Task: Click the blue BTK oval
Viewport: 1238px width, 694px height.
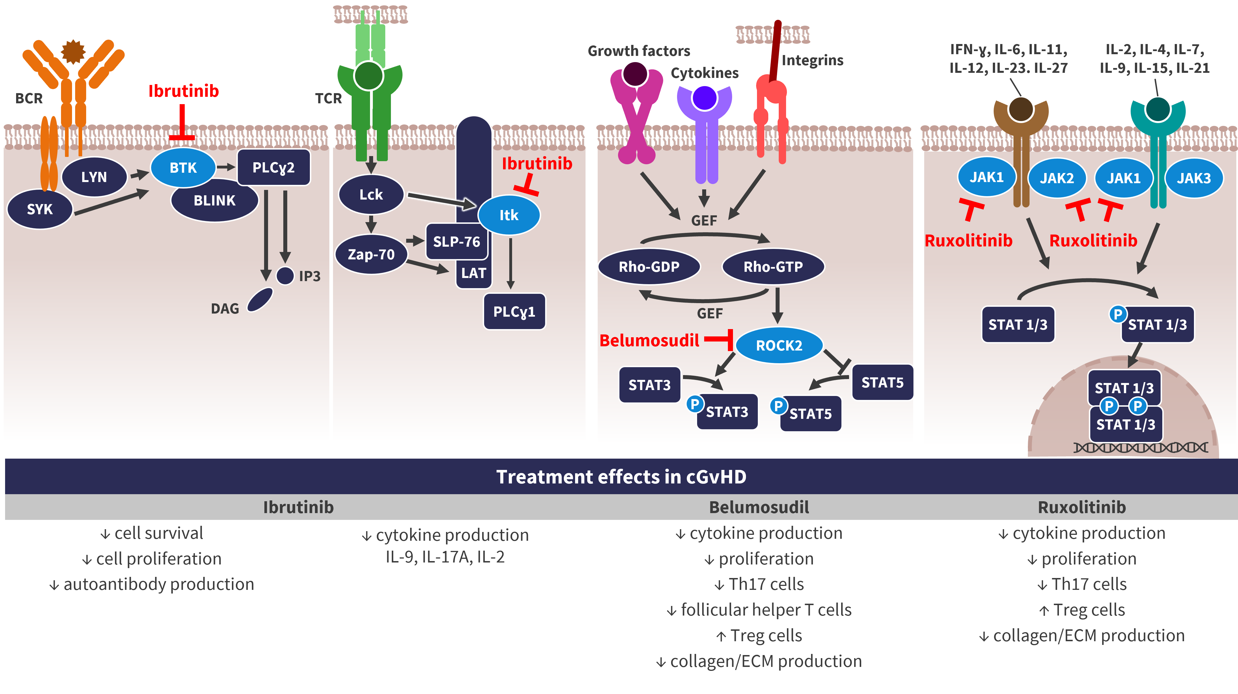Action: coord(183,168)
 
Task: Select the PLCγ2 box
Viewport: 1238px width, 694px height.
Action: coord(273,167)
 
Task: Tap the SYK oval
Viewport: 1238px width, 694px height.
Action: coord(40,209)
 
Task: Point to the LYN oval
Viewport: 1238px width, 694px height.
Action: coord(94,177)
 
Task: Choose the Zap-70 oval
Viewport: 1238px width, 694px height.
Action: coord(371,254)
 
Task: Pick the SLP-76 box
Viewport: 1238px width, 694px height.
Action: coord(456,241)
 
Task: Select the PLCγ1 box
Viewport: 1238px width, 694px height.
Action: coord(514,312)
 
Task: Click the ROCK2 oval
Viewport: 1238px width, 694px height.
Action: coord(779,345)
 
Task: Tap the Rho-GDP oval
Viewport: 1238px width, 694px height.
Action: coord(649,266)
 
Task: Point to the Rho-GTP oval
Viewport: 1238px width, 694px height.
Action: coord(773,266)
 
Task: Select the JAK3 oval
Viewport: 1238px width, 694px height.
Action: coord(1194,178)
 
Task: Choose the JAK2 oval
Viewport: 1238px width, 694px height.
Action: coord(1057,178)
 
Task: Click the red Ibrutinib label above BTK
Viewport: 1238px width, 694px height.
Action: coord(184,91)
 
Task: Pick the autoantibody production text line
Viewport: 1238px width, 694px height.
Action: coord(152,584)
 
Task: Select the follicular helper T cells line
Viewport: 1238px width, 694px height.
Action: coord(759,610)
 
